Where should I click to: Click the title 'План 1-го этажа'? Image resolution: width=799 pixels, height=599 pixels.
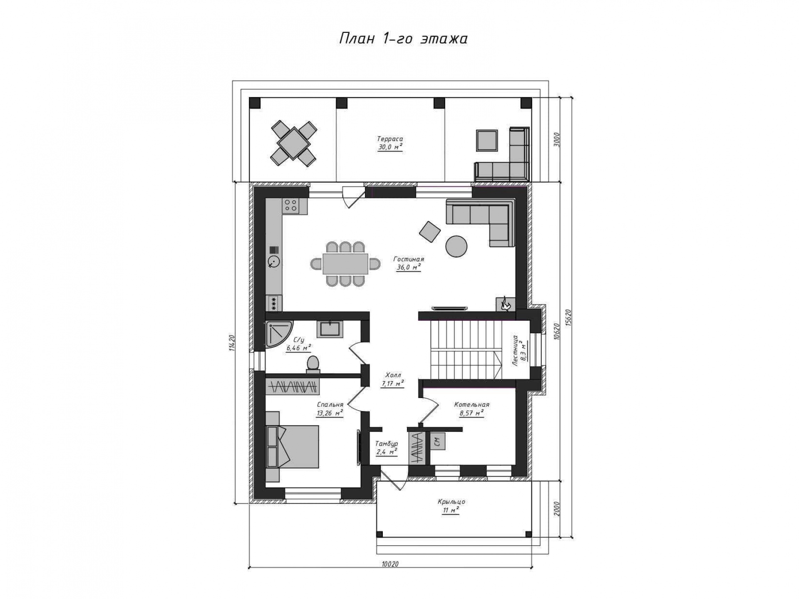click(x=403, y=39)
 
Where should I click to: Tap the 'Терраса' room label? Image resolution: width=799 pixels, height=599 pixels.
click(x=390, y=139)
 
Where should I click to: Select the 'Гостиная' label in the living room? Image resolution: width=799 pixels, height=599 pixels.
click(x=409, y=260)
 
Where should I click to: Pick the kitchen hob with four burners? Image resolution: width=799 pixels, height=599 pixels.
click(x=291, y=205)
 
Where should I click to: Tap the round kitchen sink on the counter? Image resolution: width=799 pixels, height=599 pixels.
click(x=274, y=262)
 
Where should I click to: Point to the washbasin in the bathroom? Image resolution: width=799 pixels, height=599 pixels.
click(x=330, y=329)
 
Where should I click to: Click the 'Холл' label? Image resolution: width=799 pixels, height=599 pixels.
click(x=393, y=375)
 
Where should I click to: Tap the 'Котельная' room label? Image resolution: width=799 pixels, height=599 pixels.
click(x=471, y=405)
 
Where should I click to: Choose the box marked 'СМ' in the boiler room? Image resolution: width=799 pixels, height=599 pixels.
click(x=437, y=441)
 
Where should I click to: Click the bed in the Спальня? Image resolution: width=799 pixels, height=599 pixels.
click(x=292, y=446)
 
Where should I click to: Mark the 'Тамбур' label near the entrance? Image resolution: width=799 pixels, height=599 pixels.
click(x=387, y=444)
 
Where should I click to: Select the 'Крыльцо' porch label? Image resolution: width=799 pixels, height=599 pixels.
click(x=451, y=502)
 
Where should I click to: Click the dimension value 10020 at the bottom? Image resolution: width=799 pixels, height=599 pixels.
click(x=390, y=564)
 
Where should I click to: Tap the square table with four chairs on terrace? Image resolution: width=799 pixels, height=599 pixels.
click(x=293, y=144)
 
